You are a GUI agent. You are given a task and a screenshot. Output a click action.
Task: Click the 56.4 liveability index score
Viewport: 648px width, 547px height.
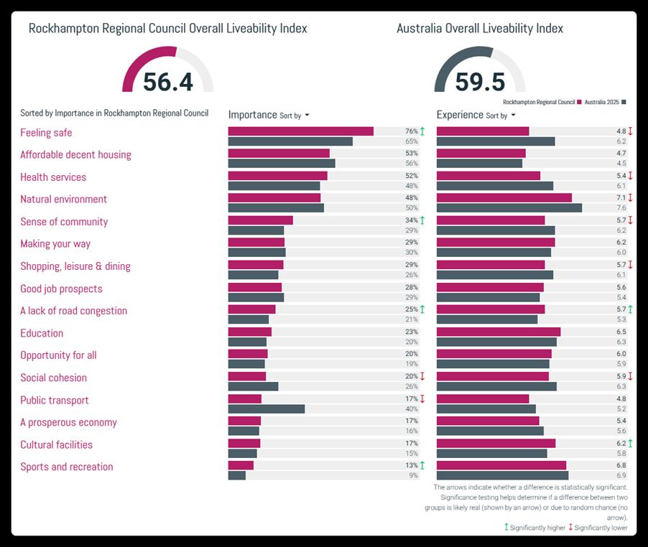167,81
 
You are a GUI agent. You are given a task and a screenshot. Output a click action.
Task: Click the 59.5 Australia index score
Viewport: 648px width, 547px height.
479,81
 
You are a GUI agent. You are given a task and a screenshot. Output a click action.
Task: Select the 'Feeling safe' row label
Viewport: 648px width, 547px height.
46,133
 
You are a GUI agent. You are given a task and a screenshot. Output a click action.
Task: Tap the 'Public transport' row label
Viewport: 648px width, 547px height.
55,401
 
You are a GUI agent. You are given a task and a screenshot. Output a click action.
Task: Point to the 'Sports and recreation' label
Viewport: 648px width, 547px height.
66,467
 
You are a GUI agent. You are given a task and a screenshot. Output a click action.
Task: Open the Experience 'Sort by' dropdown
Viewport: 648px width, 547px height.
501,116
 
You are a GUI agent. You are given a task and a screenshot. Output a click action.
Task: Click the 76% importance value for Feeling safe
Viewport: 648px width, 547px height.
411,131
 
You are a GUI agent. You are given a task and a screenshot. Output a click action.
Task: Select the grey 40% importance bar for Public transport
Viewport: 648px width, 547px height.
267,409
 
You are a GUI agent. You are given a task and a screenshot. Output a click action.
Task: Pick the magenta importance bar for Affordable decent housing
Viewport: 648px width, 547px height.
279,154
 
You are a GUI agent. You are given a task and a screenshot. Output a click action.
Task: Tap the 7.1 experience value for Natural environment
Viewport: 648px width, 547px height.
621,198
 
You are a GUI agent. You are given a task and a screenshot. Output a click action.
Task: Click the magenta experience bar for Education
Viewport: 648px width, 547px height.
499,332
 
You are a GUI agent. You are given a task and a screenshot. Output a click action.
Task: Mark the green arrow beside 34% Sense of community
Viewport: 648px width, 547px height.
422,220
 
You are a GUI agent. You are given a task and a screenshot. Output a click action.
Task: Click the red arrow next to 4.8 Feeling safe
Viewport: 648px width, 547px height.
630,131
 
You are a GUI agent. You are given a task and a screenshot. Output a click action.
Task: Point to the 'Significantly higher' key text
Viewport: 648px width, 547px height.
537,528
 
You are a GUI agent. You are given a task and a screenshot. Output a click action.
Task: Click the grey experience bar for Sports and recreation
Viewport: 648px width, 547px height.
502,475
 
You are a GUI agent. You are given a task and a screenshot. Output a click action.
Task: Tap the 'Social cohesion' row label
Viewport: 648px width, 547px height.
53,378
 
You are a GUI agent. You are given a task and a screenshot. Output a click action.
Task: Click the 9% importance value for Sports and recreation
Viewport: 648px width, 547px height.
413,475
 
